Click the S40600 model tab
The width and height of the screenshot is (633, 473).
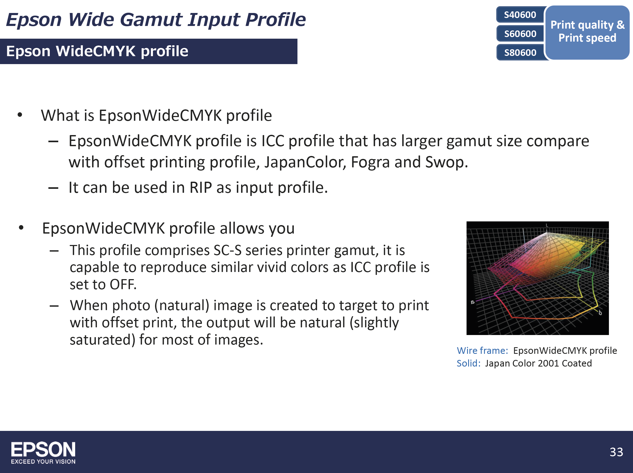pyautogui.click(x=520, y=15)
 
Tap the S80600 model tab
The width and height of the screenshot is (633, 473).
pyautogui.click(x=520, y=53)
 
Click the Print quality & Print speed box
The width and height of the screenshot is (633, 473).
pyautogui.click(x=587, y=32)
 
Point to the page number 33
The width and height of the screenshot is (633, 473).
pyautogui.click(x=616, y=452)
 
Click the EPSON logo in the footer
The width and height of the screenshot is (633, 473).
pyautogui.click(x=43, y=449)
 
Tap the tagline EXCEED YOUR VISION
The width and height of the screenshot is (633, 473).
pyautogui.click(x=43, y=462)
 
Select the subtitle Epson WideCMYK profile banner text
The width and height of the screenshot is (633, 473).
pyautogui.click(x=97, y=51)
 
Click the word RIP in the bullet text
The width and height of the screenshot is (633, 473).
pyautogui.click(x=201, y=188)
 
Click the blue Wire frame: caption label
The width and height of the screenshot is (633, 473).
pyautogui.click(x=482, y=350)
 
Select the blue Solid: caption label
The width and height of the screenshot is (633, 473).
pyautogui.click(x=468, y=363)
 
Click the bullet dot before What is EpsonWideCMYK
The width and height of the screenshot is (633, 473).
pyautogui.click(x=20, y=115)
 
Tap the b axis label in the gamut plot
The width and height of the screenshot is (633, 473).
pyautogui.click(x=600, y=313)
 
